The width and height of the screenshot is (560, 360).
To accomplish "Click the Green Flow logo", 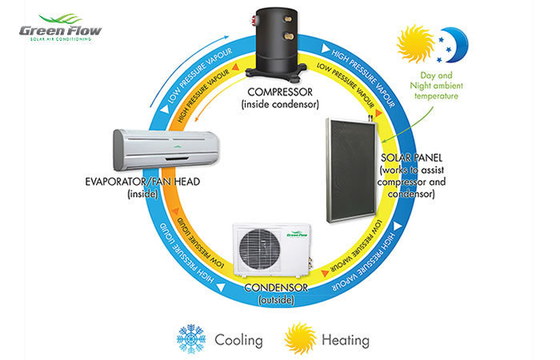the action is [60, 27].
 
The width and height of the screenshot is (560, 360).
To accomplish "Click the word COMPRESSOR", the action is [280, 92].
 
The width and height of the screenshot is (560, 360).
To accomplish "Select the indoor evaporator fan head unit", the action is [166, 150].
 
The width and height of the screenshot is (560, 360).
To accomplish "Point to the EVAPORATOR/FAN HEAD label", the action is [142, 182].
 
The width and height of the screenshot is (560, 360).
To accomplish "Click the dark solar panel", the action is [351, 170].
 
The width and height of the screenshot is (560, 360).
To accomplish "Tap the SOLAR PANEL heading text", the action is [411, 158].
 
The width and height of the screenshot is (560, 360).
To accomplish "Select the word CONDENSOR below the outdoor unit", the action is [276, 287].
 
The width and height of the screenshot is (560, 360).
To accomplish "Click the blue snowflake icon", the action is [191, 338].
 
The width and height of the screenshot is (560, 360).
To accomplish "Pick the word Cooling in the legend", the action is [238, 340].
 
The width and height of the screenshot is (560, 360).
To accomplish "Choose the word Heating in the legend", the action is [346, 340].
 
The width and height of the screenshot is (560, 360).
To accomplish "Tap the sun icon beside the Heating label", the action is [300, 338].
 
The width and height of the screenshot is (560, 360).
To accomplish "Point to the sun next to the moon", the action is [416, 43].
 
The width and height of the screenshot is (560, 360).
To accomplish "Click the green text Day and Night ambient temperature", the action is [436, 86].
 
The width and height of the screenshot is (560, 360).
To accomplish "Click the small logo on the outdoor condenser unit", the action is [297, 235].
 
